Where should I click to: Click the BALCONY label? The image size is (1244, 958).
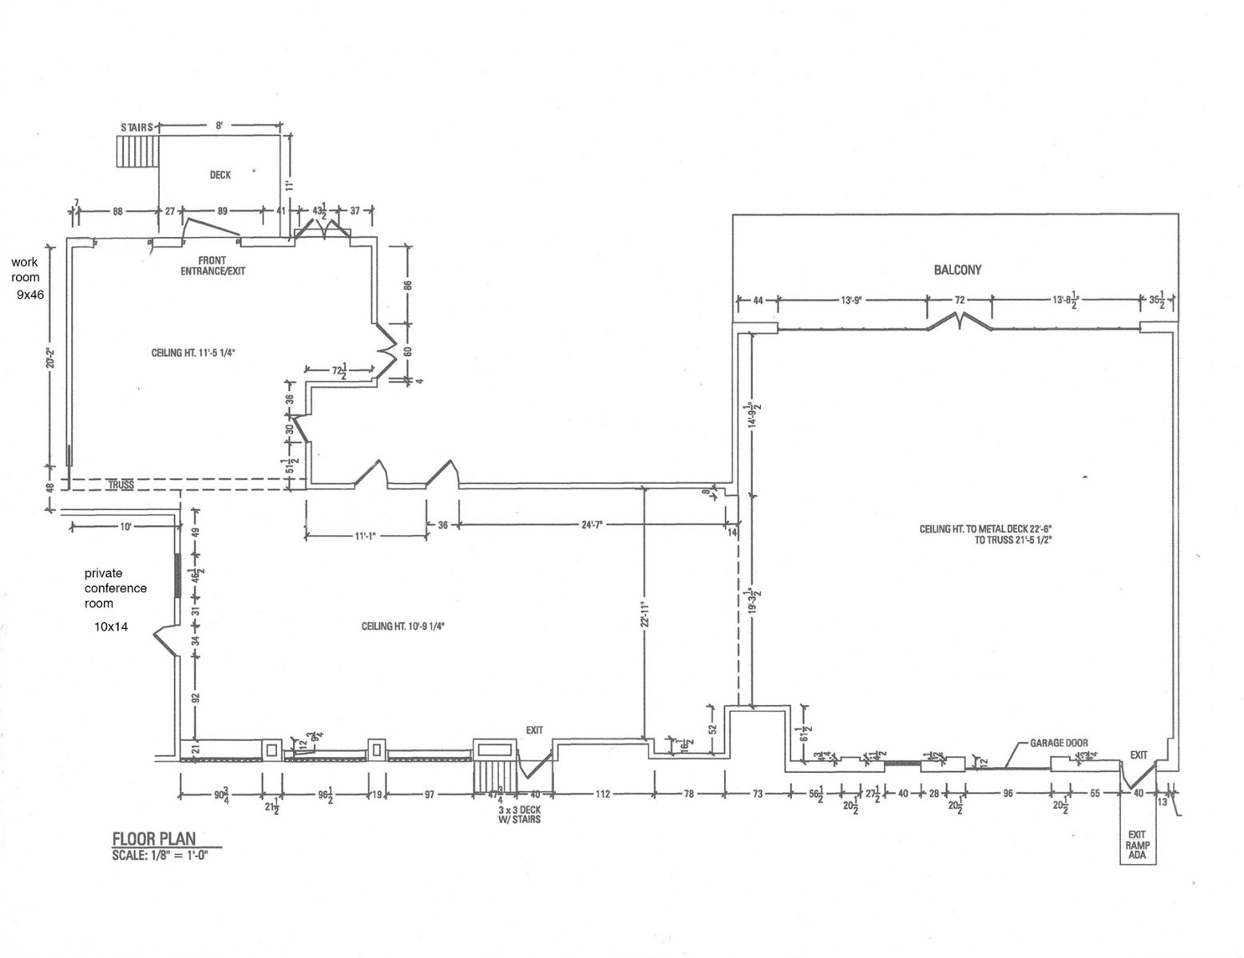[x=957, y=270]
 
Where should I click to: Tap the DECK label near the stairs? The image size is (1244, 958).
[x=220, y=175]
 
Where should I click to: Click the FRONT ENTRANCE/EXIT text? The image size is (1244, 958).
[x=212, y=266]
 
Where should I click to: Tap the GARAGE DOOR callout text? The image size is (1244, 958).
[x=1059, y=742]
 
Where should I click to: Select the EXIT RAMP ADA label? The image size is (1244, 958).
[x=1138, y=844]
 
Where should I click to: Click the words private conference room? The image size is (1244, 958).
[x=116, y=588]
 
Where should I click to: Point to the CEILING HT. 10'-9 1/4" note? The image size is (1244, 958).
[x=402, y=627]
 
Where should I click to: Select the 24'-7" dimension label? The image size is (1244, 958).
[x=591, y=525]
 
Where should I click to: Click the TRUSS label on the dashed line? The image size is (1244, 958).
[x=121, y=485]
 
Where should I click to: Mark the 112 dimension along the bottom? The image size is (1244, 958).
[x=602, y=794]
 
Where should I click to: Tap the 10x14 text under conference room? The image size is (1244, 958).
[x=112, y=627]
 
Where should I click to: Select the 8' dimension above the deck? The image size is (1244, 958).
[x=218, y=125]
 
